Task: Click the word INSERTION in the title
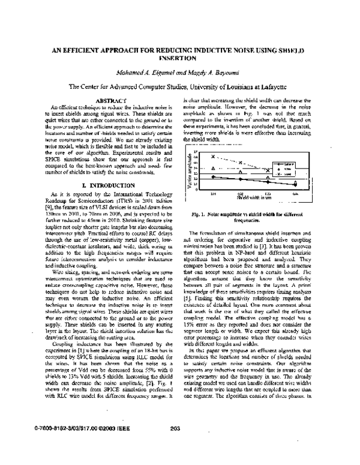click(179, 59)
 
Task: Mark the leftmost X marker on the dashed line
click(213, 156)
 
